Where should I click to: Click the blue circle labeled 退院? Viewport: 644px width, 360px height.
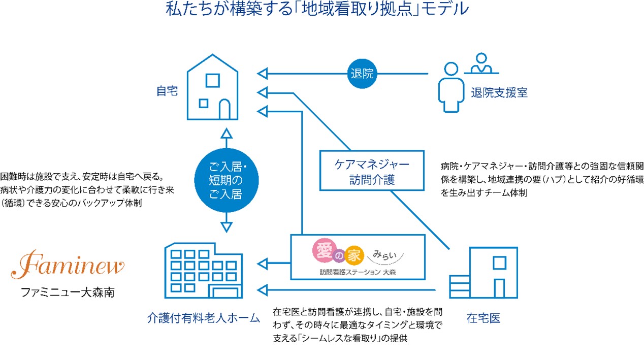362,74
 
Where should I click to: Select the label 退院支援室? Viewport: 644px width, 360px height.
499,93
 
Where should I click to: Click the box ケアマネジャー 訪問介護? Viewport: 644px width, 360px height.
372,172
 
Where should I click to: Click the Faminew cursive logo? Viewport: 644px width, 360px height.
68,265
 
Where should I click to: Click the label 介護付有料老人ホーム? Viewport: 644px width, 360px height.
203,318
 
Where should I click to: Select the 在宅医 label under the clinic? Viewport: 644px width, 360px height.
484,318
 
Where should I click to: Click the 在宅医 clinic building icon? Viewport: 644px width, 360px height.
484,273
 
